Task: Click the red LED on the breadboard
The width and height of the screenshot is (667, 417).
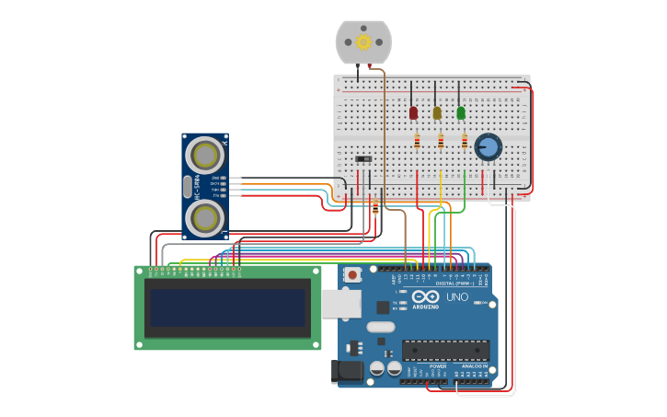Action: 413,113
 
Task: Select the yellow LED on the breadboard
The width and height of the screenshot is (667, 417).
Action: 437,113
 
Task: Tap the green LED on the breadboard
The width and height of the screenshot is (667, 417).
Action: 461,113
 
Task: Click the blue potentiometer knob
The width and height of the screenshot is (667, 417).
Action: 488,146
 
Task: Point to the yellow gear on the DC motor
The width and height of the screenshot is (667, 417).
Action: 363,41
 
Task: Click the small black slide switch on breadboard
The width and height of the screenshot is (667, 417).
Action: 363,158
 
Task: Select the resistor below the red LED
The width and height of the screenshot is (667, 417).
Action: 417,141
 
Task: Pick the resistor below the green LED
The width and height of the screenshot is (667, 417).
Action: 465,141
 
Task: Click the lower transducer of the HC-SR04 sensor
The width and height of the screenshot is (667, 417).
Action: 204,218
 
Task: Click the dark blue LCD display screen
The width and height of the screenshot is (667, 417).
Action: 227,307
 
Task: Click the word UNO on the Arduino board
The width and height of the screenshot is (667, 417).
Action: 457,297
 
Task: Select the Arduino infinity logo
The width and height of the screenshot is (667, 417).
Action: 425,296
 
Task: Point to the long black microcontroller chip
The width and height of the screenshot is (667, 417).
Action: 445,350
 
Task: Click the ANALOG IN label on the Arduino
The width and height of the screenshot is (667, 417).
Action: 475,366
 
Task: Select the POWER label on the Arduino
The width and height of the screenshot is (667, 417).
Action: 438,366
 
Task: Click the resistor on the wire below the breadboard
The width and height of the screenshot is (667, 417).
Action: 375,208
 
